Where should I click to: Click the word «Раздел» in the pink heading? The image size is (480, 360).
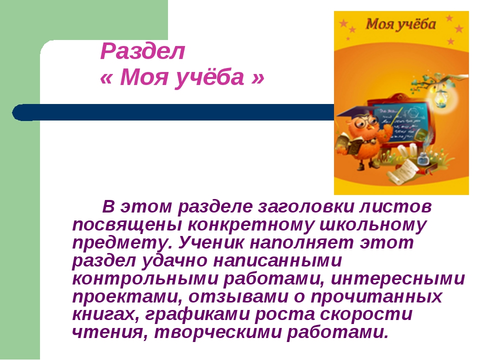(142, 51)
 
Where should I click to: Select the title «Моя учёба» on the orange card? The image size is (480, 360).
(400, 24)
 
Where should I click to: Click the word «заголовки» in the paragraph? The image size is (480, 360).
(305, 206)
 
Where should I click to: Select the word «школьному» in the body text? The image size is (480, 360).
(373, 225)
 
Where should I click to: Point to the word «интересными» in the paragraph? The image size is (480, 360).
(398, 279)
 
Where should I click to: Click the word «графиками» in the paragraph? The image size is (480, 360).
(197, 315)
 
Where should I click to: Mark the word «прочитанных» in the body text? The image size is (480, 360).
(376, 297)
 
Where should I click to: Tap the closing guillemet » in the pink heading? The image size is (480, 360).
(258, 78)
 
